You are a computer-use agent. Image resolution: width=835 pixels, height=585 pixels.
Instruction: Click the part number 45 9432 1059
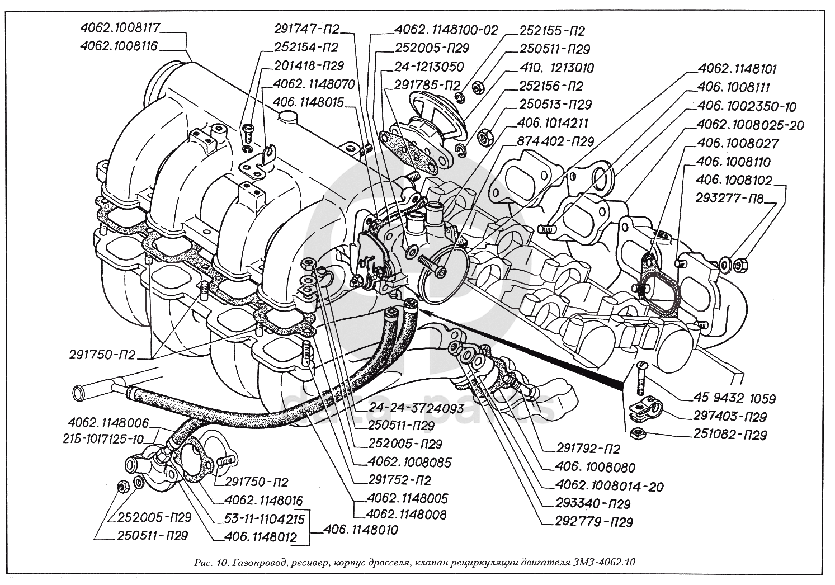pyautogui.click(x=734, y=399)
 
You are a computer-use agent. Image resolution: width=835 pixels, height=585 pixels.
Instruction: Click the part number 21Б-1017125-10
pyautogui.click(x=105, y=438)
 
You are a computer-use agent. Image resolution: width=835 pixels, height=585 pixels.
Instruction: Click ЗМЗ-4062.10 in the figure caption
pyautogui.click(x=608, y=562)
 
